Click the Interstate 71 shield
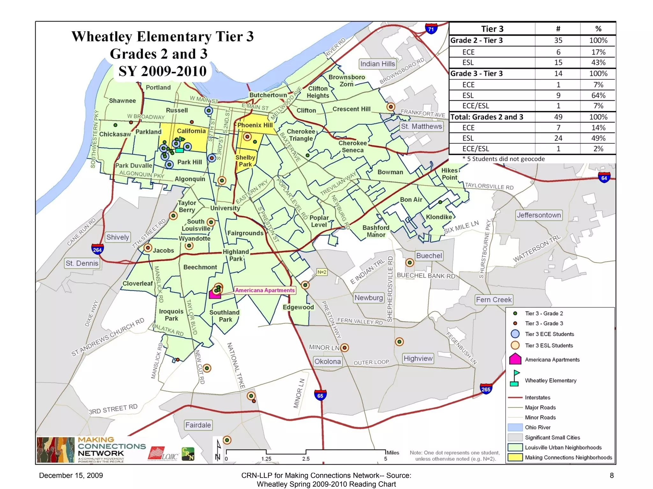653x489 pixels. click(x=431, y=29)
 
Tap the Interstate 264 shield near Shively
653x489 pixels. click(x=97, y=249)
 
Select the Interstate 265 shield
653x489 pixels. click(x=486, y=389)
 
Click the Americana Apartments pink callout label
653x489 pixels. click(x=265, y=290)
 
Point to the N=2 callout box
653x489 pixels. click(x=322, y=272)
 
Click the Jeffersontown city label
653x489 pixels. click(x=539, y=215)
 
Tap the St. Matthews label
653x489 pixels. click(x=421, y=126)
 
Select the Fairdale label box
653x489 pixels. click(x=198, y=425)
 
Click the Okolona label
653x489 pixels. click(x=327, y=362)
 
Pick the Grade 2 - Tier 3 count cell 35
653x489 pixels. click(x=558, y=40)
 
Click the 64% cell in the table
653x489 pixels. click(x=598, y=95)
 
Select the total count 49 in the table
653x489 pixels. click(x=558, y=117)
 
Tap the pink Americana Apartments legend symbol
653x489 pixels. click(x=515, y=359)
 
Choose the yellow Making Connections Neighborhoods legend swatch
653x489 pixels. click(x=515, y=457)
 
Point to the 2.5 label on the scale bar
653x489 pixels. click(x=306, y=459)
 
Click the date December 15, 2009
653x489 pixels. click(x=71, y=476)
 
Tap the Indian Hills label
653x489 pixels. click(x=378, y=64)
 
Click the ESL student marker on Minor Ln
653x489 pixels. click(x=344, y=348)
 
